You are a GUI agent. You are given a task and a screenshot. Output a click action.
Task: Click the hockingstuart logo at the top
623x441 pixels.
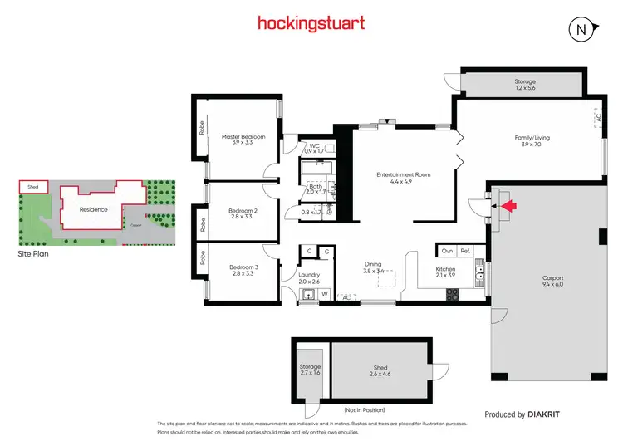(311, 22)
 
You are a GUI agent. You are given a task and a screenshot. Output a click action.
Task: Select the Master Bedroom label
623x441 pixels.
(243, 140)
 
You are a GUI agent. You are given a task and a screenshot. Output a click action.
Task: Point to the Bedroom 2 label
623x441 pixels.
(243, 214)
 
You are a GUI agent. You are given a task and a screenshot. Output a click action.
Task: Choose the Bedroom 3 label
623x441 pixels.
(243, 270)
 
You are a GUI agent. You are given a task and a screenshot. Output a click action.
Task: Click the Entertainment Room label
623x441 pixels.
(403, 179)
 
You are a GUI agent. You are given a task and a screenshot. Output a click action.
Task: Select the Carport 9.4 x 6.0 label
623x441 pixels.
(552, 282)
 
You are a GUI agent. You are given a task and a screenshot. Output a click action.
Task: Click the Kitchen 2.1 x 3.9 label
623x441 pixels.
(445, 272)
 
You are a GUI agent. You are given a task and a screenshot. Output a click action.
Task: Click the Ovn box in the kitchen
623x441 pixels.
(447, 250)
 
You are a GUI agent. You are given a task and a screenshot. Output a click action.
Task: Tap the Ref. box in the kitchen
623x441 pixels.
(465, 250)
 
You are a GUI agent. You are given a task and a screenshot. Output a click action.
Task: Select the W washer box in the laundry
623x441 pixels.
(324, 294)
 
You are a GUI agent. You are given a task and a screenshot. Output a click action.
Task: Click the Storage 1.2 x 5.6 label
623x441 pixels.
(525, 84)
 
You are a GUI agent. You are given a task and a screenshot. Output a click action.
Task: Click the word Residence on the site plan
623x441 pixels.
(93, 209)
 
